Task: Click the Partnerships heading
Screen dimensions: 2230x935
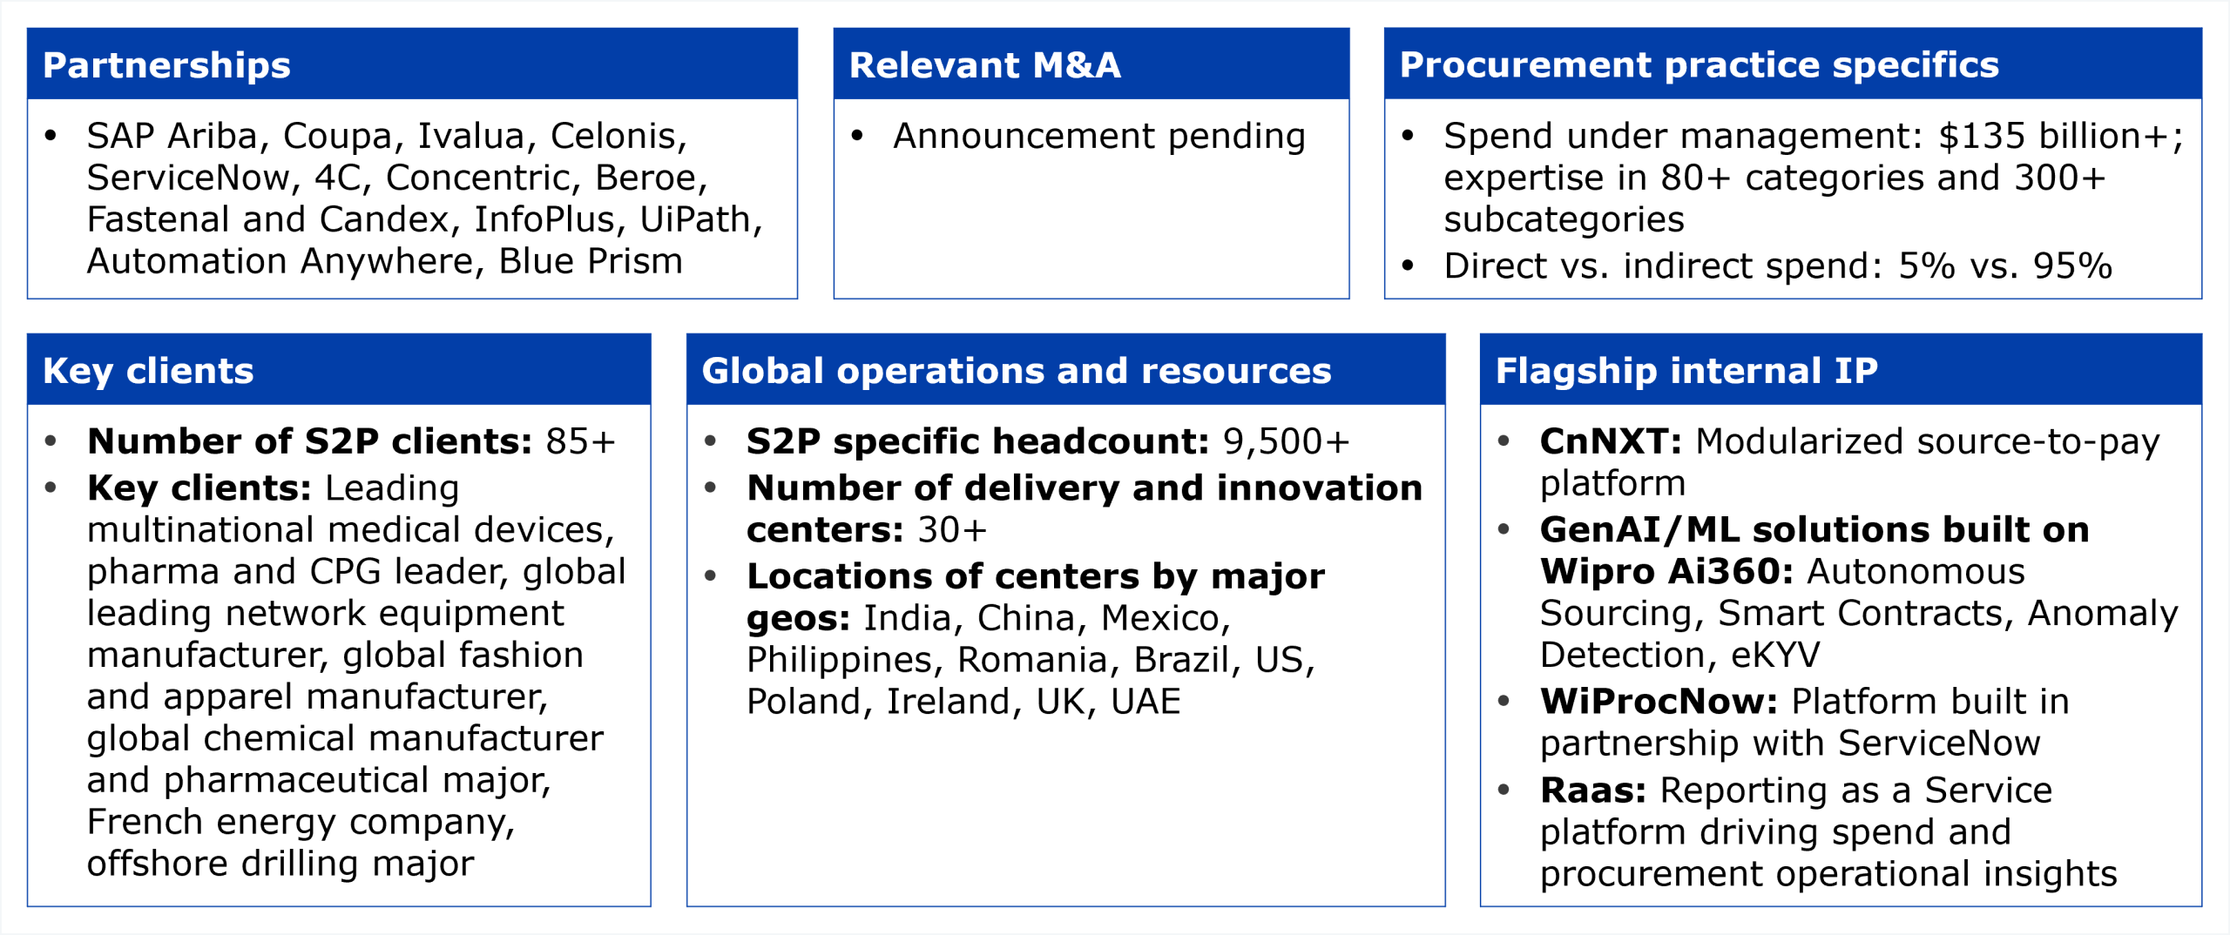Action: (x=166, y=66)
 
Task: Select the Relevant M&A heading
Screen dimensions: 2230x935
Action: (x=985, y=65)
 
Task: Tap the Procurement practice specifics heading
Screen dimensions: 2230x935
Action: (x=1700, y=65)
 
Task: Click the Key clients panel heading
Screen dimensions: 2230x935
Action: (x=148, y=372)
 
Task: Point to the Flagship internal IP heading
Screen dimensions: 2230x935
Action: (x=1686, y=371)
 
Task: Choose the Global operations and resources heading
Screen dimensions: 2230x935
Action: (x=1017, y=371)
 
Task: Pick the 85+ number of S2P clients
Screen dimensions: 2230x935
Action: (x=580, y=441)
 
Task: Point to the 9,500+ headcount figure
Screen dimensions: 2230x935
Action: (x=1286, y=441)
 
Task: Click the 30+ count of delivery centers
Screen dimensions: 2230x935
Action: (x=952, y=530)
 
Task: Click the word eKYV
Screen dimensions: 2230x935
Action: (x=1775, y=655)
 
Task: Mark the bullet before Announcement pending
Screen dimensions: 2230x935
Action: (x=857, y=136)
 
